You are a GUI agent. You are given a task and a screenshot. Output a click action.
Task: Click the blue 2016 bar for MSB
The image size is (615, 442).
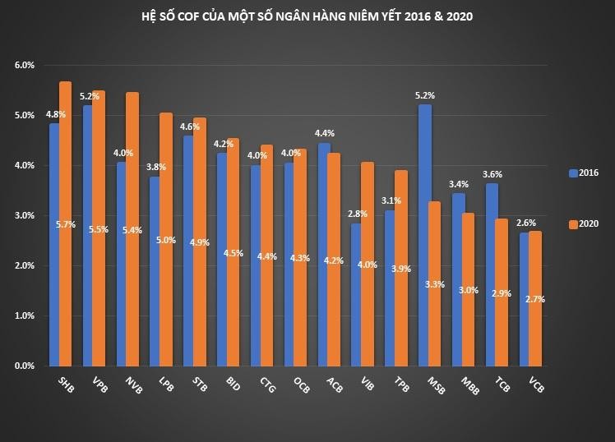(x=424, y=235)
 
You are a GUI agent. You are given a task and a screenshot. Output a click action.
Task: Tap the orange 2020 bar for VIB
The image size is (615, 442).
(x=367, y=264)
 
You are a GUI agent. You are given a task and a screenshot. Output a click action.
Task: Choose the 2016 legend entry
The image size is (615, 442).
(x=583, y=173)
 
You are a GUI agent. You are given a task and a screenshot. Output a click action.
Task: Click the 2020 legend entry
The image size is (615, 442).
(x=583, y=223)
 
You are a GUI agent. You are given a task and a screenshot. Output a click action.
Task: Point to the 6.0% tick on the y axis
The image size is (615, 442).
(x=25, y=65)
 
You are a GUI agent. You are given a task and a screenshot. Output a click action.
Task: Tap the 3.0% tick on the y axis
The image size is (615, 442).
(x=25, y=215)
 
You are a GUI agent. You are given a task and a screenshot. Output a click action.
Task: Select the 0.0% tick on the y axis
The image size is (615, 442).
(x=25, y=366)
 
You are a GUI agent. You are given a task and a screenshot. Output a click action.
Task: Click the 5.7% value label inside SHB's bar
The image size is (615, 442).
(x=67, y=223)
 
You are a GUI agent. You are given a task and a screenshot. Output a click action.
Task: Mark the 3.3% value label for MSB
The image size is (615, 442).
(x=435, y=284)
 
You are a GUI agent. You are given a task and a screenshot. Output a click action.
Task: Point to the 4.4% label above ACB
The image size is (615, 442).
(x=325, y=133)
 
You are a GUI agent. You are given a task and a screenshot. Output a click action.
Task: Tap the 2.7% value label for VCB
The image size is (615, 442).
(x=535, y=299)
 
